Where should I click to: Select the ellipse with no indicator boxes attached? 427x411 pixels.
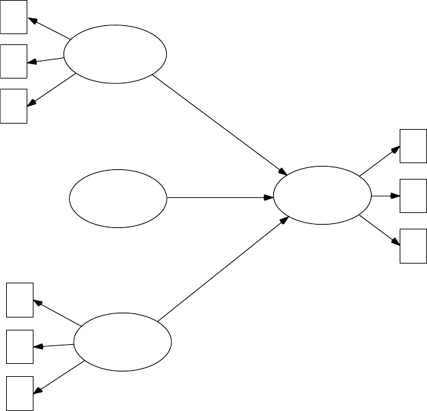point(118,198)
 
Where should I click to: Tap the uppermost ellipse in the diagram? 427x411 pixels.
point(115,55)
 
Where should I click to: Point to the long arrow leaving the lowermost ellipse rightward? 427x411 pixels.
point(223,270)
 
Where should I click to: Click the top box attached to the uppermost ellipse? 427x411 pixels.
point(14,16)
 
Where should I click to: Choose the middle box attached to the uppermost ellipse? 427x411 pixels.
point(14,61)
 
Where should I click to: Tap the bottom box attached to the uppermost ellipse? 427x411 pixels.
point(14,106)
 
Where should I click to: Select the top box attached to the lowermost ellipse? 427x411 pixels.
point(19,300)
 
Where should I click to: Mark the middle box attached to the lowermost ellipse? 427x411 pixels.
point(19,346)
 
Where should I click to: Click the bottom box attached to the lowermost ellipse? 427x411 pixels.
point(19,393)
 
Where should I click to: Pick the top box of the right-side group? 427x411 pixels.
point(413,145)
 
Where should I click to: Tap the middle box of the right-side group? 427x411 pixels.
point(413,195)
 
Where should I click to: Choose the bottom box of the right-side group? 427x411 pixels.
point(413,246)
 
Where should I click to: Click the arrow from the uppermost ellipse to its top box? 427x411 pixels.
point(49,27)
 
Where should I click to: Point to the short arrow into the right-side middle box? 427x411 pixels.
point(385,196)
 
